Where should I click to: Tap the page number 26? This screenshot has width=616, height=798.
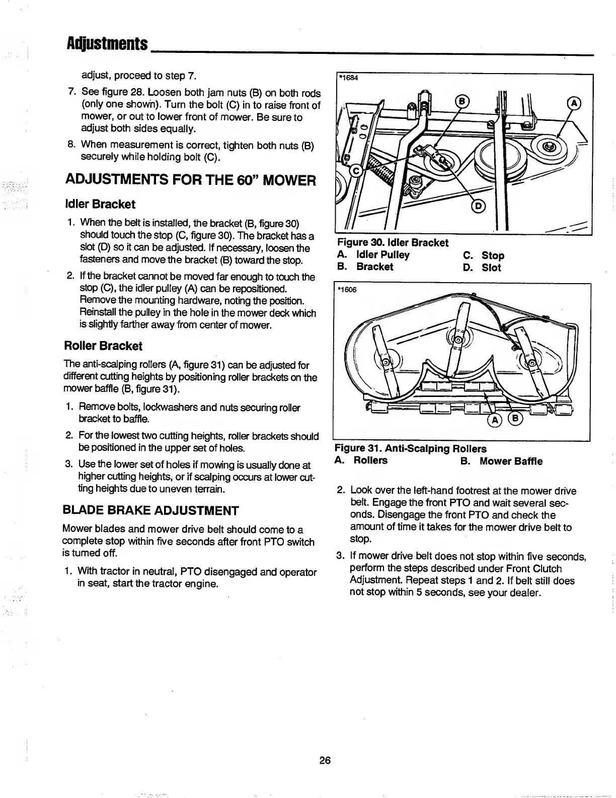click(325, 760)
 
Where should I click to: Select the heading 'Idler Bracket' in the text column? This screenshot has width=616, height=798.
click(100, 204)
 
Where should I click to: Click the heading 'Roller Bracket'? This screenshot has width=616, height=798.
click(103, 346)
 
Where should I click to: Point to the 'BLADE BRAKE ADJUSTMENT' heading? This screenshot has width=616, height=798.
click(150, 510)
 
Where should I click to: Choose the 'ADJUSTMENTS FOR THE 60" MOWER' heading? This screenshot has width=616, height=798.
click(191, 180)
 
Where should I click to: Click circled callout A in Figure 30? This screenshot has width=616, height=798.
click(574, 103)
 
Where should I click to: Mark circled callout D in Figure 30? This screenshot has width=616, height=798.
click(478, 206)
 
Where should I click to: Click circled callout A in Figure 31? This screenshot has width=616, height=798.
click(495, 420)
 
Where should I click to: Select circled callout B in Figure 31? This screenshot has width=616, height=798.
click(516, 419)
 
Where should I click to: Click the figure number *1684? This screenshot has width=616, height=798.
click(347, 78)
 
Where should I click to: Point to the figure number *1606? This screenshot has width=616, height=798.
click(347, 289)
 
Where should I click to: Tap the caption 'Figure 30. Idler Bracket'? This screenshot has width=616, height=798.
click(393, 243)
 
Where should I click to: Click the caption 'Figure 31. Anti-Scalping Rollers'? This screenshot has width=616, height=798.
click(411, 448)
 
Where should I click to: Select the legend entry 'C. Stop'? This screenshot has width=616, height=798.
click(484, 255)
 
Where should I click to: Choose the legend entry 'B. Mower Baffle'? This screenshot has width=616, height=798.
click(502, 461)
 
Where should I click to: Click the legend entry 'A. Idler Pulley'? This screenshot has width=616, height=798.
click(373, 255)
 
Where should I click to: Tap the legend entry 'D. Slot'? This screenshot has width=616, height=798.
click(482, 268)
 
